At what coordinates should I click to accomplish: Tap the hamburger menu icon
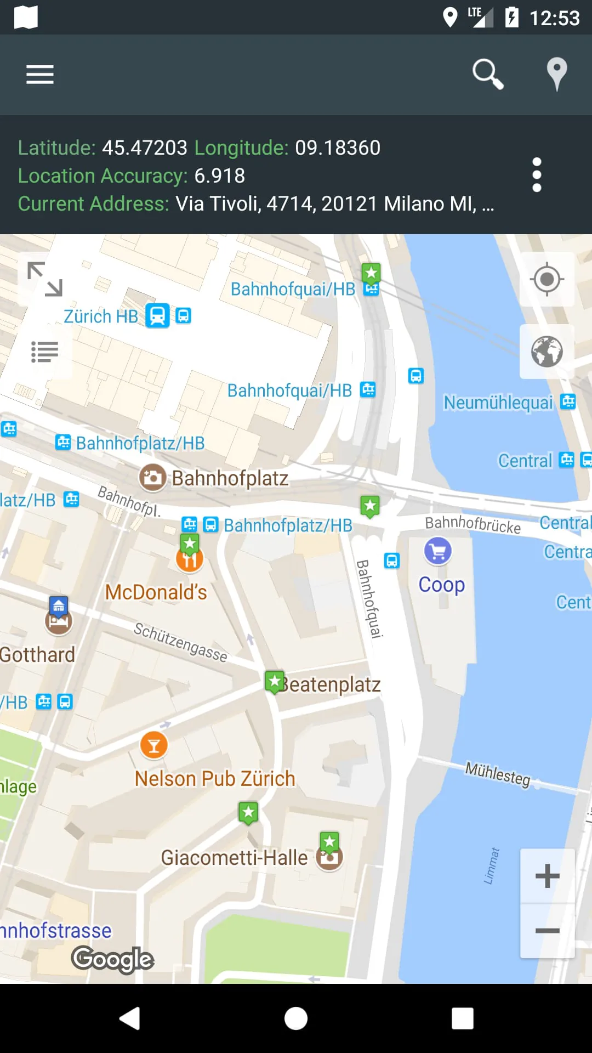tap(40, 75)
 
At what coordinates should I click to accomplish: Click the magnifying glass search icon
tap(487, 73)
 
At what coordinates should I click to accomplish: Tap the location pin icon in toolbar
tap(556, 73)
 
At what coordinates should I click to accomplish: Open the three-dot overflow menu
tap(537, 175)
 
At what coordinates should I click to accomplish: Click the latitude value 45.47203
tap(145, 148)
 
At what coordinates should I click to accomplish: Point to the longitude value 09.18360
tap(338, 148)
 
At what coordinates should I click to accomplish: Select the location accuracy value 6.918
tap(219, 175)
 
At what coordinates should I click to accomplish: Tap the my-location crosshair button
tap(547, 279)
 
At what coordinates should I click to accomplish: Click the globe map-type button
tap(547, 352)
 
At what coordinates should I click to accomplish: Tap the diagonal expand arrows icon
tap(45, 279)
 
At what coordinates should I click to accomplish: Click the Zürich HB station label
tap(101, 316)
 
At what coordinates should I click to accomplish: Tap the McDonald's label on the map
tap(156, 592)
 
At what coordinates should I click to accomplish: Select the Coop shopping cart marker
tap(437, 551)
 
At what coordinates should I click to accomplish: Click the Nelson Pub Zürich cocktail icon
tap(154, 745)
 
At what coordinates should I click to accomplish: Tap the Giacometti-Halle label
tap(234, 858)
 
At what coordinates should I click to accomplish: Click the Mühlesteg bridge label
tap(498, 773)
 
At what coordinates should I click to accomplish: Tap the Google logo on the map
tap(112, 959)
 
